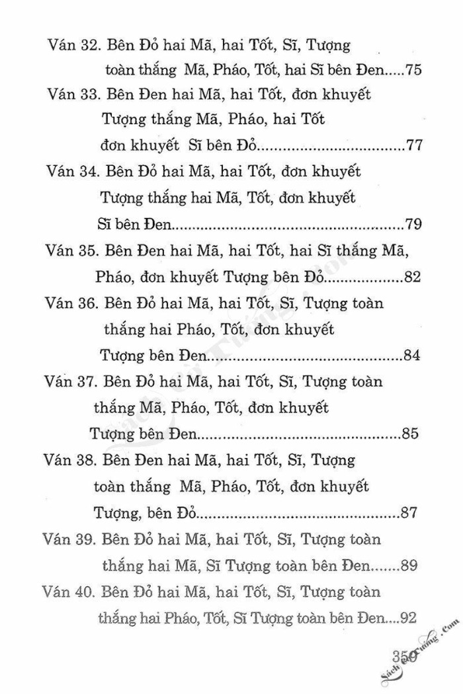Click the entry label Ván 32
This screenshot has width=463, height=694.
click(x=72, y=46)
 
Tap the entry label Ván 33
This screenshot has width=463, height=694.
click(x=72, y=95)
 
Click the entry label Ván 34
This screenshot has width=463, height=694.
click(x=72, y=172)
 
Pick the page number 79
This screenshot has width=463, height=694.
click(x=413, y=224)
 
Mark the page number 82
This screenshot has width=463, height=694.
click(x=411, y=276)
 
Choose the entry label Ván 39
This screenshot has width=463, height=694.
click(x=67, y=539)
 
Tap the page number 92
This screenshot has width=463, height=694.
click(x=407, y=618)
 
